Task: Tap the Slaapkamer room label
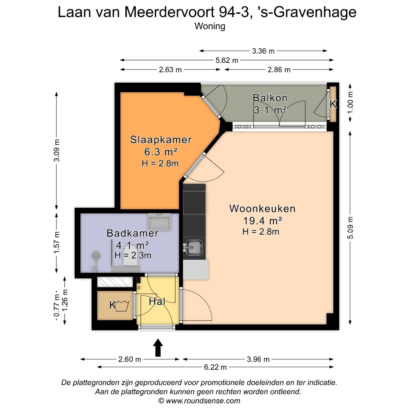point(161,140)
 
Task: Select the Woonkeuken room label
point(262,209)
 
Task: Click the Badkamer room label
point(132,233)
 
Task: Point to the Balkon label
point(270,98)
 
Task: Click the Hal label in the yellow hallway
point(157,301)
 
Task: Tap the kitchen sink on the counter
point(194,247)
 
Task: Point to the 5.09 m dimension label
point(350,228)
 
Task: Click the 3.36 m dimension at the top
point(263,51)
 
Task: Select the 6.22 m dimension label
point(215,367)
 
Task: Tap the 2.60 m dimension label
point(130,359)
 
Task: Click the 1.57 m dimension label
point(57,243)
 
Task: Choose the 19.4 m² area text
point(262,221)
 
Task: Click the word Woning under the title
point(210,26)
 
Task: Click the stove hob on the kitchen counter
point(194,203)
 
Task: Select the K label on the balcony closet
point(333,104)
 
